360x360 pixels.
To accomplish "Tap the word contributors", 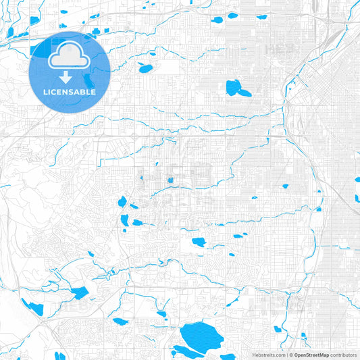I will pyautogui.click(x=343, y=355).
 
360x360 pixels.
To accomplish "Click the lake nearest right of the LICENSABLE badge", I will pyautogui.click(x=145, y=68).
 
